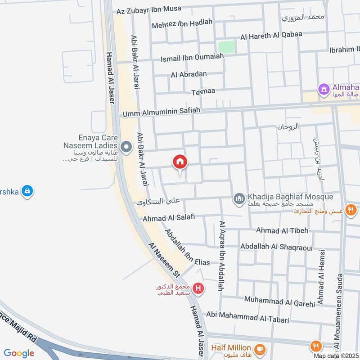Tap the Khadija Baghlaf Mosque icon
(x=238, y=198)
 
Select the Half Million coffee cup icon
(x=260, y=348)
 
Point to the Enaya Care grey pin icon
(x=127, y=147)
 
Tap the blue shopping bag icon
(x=28, y=191)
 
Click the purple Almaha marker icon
(x=324, y=90)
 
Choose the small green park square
(x=227, y=47)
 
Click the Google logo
(x=19, y=353)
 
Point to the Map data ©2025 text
(x=335, y=355)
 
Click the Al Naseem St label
(x=164, y=260)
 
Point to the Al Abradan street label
(x=189, y=74)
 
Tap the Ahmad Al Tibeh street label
(x=282, y=230)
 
